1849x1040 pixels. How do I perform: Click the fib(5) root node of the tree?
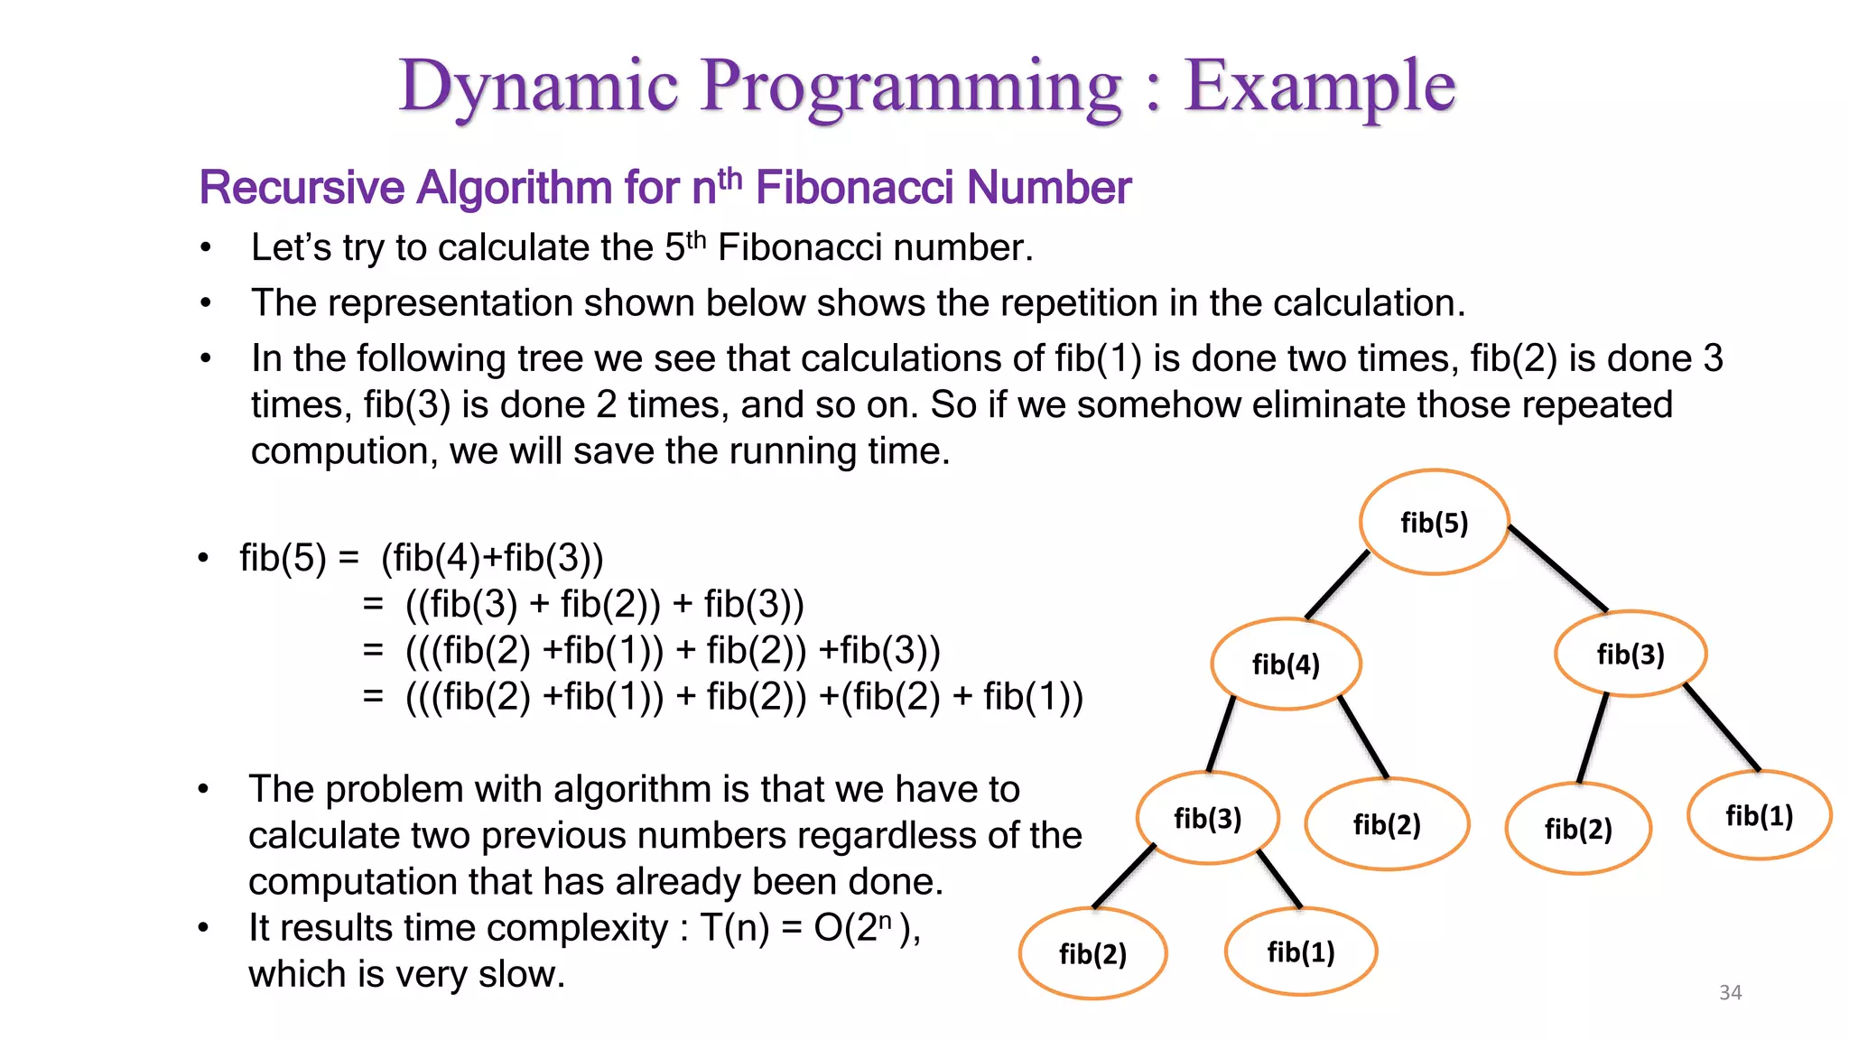click(1434, 522)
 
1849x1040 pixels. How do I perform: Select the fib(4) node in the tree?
click(1286, 664)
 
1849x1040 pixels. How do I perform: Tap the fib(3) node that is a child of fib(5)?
click(1630, 654)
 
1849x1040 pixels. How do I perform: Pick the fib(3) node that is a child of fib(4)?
click(1207, 818)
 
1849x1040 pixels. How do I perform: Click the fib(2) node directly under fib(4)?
click(1387, 823)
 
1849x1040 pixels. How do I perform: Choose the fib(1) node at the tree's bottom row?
click(1300, 952)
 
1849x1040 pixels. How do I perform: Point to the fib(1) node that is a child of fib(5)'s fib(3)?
click(1759, 815)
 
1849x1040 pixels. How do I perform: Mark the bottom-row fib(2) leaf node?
click(1092, 953)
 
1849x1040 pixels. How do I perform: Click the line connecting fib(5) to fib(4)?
click(1338, 585)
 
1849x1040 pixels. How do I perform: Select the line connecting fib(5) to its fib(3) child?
click(1557, 568)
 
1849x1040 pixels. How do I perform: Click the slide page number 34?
click(1730, 992)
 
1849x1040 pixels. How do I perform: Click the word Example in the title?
click(1319, 86)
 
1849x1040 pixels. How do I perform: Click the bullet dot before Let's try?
click(206, 248)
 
